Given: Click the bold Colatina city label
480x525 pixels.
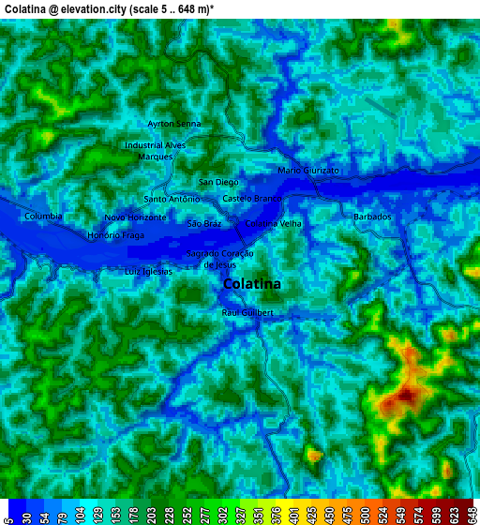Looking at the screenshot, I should click(252, 284).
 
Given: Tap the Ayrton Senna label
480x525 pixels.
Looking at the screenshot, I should click(174, 124).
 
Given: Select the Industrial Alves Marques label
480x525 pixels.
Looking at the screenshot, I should click(156, 151).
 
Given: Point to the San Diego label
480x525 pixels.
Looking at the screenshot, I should click(219, 182).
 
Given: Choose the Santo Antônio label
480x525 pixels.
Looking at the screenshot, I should click(172, 199).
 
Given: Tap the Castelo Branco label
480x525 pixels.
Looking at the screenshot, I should click(251, 199).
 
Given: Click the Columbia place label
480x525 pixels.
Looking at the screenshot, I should click(43, 217).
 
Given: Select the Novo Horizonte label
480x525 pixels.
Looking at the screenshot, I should click(135, 217).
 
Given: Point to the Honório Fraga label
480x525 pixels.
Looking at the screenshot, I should click(115, 235).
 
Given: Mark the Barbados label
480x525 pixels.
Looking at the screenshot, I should click(372, 217).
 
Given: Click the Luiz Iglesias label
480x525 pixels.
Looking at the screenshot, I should click(148, 271).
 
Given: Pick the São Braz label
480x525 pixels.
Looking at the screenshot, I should click(204, 224).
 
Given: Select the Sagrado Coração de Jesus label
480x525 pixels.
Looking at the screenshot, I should click(220, 259).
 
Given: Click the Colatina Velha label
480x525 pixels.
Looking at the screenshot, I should click(273, 224).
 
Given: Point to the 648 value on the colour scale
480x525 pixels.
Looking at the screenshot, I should click(469, 514).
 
